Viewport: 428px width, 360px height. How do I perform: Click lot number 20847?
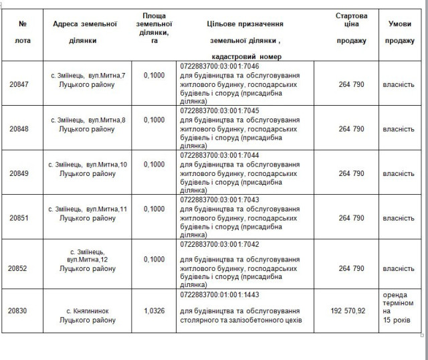coord(23,84)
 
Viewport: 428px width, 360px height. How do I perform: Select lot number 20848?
coord(23,129)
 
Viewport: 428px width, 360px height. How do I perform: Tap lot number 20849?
coord(23,173)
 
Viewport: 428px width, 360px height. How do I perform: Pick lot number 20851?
coord(23,218)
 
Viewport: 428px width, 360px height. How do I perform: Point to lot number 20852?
coord(23,268)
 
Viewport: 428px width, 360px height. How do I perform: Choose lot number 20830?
coord(23,311)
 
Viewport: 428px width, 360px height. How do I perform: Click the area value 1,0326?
coord(154,311)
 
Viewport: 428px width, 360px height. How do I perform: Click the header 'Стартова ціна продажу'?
coord(352,28)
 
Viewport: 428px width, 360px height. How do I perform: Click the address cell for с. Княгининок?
coord(88,315)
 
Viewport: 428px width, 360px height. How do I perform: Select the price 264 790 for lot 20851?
coord(352,218)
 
